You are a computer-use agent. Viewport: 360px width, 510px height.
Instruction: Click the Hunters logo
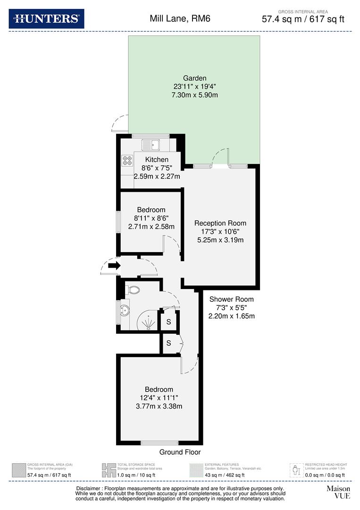pyautogui.click(x=46, y=19)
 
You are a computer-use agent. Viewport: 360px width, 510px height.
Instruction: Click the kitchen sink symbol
pyautogui.click(x=152, y=144)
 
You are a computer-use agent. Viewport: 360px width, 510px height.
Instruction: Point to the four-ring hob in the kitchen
pyautogui.click(x=127, y=161)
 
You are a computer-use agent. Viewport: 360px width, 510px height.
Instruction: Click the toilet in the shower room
pyautogui.click(x=132, y=290)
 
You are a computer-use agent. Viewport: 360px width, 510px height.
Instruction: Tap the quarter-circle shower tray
pyautogui.click(x=148, y=321)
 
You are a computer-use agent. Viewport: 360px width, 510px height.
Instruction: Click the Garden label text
pyautogui.click(x=195, y=78)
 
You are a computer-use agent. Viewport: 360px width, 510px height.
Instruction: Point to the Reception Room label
pyautogui.click(x=220, y=223)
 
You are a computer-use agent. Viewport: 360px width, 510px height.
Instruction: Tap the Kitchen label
pyautogui.click(x=157, y=160)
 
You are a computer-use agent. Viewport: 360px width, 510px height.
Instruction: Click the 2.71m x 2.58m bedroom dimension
pyautogui.click(x=151, y=227)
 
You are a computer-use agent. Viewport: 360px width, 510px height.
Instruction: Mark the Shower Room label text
pyautogui.click(x=231, y=299)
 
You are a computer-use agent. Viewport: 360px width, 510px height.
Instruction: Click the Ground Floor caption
pyautogui.click(x=180, y=452)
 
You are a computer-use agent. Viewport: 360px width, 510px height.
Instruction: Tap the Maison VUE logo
pyautogui.click(x=338, y=492)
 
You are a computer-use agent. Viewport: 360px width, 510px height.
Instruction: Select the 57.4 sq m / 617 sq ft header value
pyautogui.click(x=303, y=19)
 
